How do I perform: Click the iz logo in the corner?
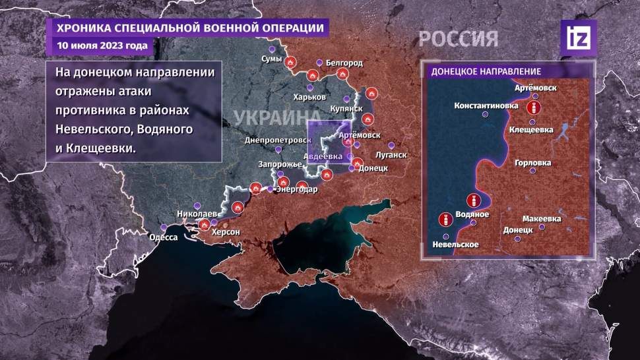point(578,38)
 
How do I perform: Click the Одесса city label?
point(163,237)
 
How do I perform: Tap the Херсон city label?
point(225,232)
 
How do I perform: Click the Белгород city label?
point(344,63)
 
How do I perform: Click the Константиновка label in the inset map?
point(485,105)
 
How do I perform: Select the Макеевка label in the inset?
point(541,218)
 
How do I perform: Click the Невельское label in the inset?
point(455,245)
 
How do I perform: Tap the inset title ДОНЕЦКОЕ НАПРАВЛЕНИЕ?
point(486,71)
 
